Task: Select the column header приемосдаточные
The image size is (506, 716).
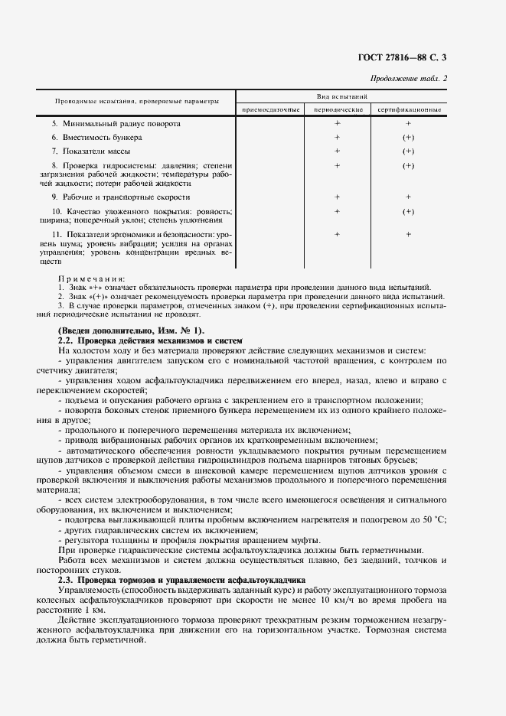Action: click(270, 110)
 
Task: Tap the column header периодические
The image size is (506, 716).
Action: click(337, 110)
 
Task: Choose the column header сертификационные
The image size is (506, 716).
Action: click(408, 110)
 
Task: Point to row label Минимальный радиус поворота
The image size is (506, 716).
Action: click(116, 123)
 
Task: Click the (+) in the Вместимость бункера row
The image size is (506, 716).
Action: click(408, 137)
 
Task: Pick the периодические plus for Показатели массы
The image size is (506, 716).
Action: click(337, 151)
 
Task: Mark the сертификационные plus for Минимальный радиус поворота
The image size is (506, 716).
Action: click(408, 123)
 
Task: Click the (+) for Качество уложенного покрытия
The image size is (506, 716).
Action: click(408, 211)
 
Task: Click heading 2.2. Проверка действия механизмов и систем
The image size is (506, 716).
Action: click(150, 340)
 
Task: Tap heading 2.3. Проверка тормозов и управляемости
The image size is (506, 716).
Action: click(181, 581)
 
